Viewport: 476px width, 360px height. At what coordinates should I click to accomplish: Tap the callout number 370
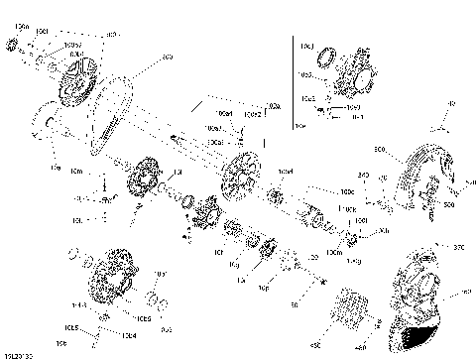click(x=458, y=247)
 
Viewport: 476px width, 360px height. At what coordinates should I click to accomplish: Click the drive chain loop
click(x=110, y=99)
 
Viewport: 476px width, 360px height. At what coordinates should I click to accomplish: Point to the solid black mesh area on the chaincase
click(x=420, y=338)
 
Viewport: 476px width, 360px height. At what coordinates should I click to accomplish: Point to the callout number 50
click(x=294, y=306)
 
